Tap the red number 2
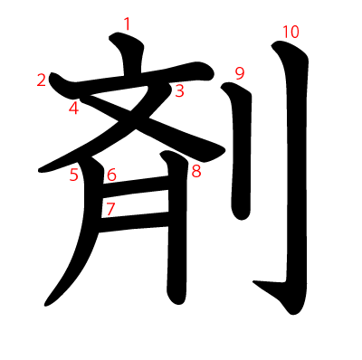click(42, 81)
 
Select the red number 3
click(179, 90)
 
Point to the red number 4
click(73, 109)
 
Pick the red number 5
click(74, 175)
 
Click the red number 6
click(111, 175)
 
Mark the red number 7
click(110, 209)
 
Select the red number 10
click(290, 33)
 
